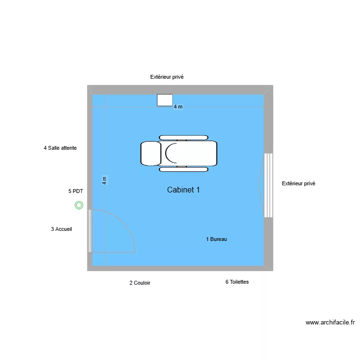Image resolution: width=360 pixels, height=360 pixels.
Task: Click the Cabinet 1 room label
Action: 183,190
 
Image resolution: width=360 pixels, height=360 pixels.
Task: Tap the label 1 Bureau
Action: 216,239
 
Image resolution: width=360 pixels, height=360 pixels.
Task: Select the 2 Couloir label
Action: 140,283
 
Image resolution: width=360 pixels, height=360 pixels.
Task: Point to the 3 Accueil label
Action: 61,229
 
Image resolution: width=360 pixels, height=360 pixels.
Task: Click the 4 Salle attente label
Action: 60,148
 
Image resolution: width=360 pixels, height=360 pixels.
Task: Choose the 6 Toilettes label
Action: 237,282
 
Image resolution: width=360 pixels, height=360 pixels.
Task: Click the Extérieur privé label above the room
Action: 167,77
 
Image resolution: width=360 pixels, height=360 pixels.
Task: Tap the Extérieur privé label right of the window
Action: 299,183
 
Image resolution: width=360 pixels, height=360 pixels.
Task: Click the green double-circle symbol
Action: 79,205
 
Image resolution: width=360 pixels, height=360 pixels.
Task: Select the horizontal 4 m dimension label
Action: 178,107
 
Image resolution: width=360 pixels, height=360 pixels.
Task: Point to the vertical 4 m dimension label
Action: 104,180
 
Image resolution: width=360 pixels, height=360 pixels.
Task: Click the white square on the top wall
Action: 165,100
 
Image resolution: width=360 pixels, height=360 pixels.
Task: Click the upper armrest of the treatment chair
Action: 183,138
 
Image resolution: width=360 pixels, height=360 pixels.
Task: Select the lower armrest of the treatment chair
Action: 183,169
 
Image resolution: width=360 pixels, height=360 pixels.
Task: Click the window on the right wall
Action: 268,185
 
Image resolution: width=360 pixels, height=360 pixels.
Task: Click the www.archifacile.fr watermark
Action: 330,323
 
